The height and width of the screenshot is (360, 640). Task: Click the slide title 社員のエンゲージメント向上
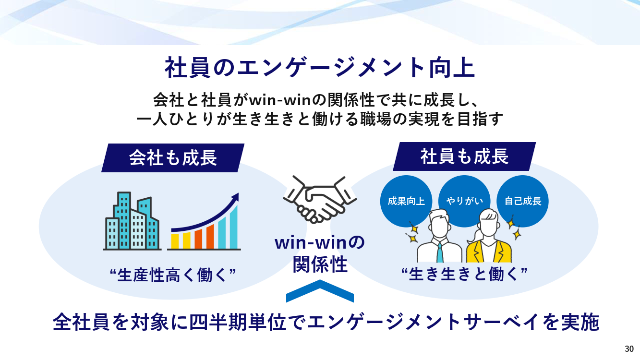click(x=320, y=68)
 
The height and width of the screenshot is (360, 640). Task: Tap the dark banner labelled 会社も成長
click(x=173, y=158)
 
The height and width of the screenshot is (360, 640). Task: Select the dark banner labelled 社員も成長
click(x=464, y=156)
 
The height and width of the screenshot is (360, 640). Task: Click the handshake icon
click(x=320, y=199)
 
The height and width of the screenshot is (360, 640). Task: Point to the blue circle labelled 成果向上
click(x=406, y=201)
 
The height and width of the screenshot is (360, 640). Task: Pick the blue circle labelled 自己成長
click(x=522, y=201)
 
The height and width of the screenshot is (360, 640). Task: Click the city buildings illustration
click(x=132, y=221)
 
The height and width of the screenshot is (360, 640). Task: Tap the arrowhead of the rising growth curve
click(x=235, y=197)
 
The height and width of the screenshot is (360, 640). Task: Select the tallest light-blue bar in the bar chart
click(x=234, y=227)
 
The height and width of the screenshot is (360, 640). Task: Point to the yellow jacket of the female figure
click(x=489, y=252)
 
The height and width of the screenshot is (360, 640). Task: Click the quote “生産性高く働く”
click(x=173, y=275)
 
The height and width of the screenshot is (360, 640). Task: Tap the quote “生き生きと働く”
click(x=464, y=274)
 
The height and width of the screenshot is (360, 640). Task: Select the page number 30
click(x=629, y=349)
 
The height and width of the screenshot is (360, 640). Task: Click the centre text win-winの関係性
click(x=320, y=254)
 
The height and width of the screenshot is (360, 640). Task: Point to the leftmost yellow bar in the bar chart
click(x=175, y=241)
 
